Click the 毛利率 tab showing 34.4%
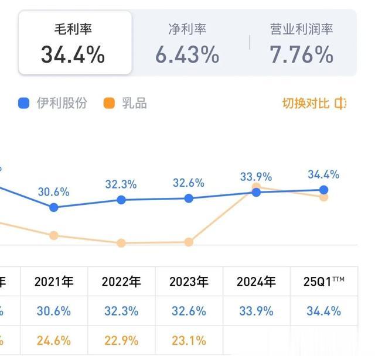[x=73, y=43]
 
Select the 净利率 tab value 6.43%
[x=187, y=55]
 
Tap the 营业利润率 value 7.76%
[x=301, y=55]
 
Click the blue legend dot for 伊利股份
[x=24, y=104]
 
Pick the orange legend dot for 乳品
[x=108, y=104]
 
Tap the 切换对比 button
[x=314, y=104]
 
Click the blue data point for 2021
[x=54, y=207]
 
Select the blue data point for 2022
[x=121, y=200]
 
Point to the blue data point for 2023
[x=189, y=198]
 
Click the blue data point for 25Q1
[x=323, y=190]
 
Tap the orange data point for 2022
[x=121, y=243]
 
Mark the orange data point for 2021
[x=54, y=235]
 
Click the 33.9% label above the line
[x=256, y=176]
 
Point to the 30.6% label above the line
[x=54, y=191]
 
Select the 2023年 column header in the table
[x=189, y=282]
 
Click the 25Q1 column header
[x=323, y=282]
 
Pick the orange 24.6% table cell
[x=54, y=340]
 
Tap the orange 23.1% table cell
[x=189, y=340]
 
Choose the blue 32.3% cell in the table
[x=121, y=311]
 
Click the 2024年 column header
[x=256, y=282]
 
